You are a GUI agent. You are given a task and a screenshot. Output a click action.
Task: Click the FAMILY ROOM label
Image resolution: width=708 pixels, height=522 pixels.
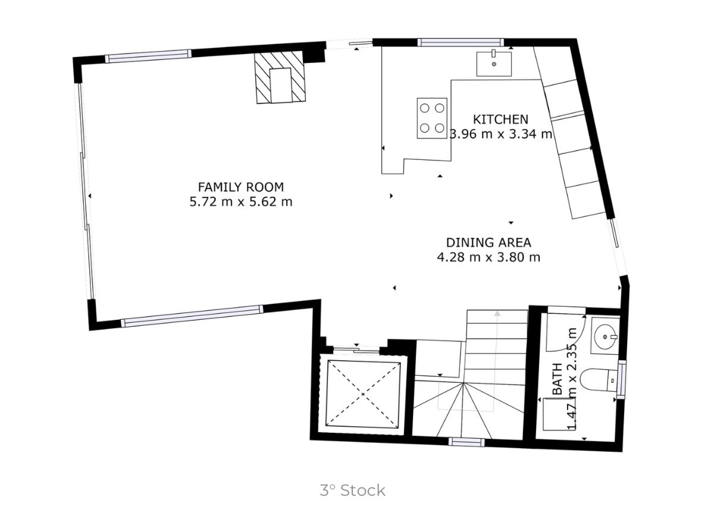coord(240,187)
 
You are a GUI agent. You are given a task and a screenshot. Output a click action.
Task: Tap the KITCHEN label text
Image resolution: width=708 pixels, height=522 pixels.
coord(500,119)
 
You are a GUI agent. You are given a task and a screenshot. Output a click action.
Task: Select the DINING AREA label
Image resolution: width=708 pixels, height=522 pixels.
coord(488,243)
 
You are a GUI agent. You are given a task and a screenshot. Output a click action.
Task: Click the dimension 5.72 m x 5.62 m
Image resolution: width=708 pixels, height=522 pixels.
coord(240,202)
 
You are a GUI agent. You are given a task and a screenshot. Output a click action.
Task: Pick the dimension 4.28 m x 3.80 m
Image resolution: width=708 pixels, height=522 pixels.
coord(488,257)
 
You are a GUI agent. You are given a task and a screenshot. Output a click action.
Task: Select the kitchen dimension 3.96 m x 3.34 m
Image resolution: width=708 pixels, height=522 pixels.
coord(501,134)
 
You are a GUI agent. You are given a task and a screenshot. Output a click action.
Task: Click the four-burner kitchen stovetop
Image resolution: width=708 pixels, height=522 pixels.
coord(432,118)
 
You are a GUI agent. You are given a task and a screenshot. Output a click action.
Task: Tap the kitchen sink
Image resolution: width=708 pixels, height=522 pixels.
coord(494,64)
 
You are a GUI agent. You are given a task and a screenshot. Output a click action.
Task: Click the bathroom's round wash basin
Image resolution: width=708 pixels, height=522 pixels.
coord(606,337)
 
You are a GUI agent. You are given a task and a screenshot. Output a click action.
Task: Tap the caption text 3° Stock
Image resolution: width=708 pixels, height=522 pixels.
coord(352,490)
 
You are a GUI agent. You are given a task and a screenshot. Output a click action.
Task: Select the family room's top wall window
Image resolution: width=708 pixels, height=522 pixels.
coord(148,56)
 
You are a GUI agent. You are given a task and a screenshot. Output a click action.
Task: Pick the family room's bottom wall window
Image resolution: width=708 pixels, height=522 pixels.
coord(192,316)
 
